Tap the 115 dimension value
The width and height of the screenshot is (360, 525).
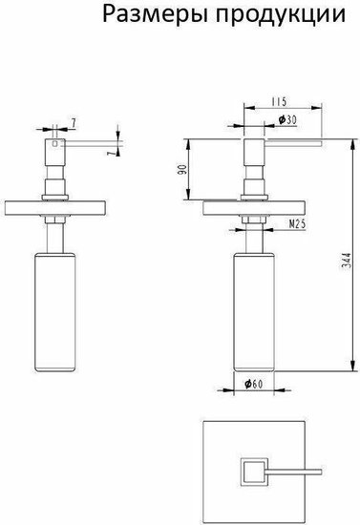click(279, 101)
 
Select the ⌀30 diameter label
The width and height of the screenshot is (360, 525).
click(287, 119)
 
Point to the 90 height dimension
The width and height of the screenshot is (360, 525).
click(182, 169)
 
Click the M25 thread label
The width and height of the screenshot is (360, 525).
click(297, 224)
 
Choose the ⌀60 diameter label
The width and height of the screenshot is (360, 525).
click(253, 384)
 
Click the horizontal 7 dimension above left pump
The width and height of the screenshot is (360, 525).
click(73, 123)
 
